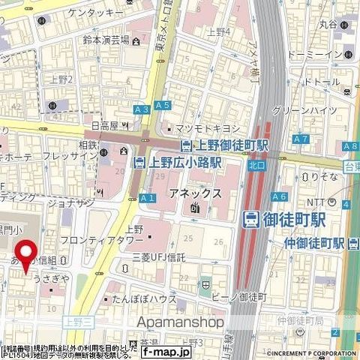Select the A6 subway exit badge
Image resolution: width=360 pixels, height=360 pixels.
coord(280,196)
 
